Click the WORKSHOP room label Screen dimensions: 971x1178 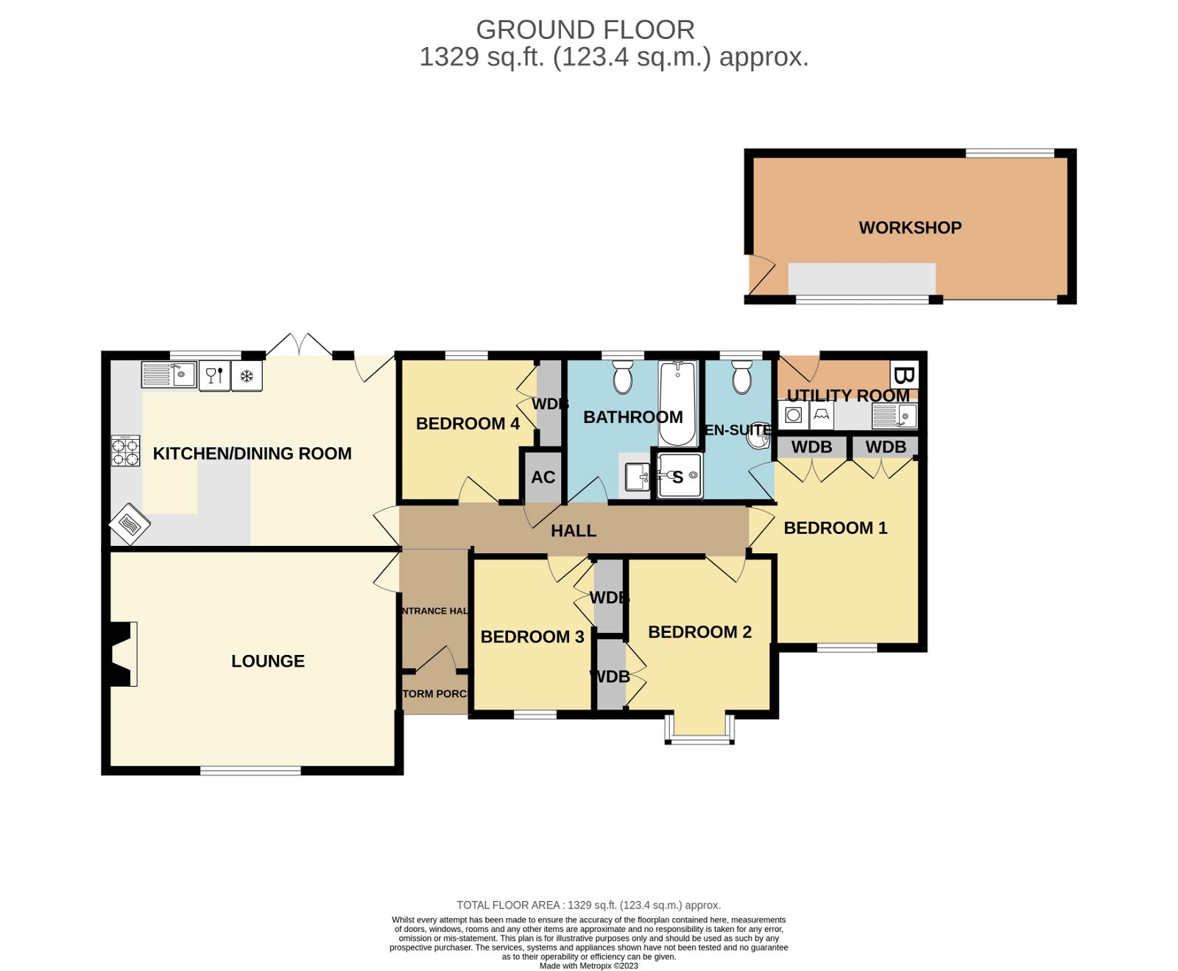tap(909, 228)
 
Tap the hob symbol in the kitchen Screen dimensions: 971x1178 tap(125, 451)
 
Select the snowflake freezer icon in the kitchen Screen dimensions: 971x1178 tap(247, 376)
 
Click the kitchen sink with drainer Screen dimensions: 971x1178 tap(169, 374)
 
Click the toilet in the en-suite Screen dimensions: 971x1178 tap(741, 378)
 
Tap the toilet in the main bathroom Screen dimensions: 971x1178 tap(623, 377)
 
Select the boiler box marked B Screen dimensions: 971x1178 tap(903, 375)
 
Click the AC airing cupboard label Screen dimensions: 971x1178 tap(543, 477)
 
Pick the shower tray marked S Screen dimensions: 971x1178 tap(679, 476)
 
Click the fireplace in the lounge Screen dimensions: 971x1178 tap(122, 654)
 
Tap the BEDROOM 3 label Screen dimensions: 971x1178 tap(532, 637)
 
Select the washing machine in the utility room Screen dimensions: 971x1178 tap(793, 416)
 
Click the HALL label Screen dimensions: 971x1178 tap(573, 530)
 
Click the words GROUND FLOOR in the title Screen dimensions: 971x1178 tap(585, 30)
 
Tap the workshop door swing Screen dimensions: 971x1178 tap(761, 274)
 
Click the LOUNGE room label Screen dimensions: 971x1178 tap(267, 661)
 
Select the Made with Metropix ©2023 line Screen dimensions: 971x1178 tap(588, 966)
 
